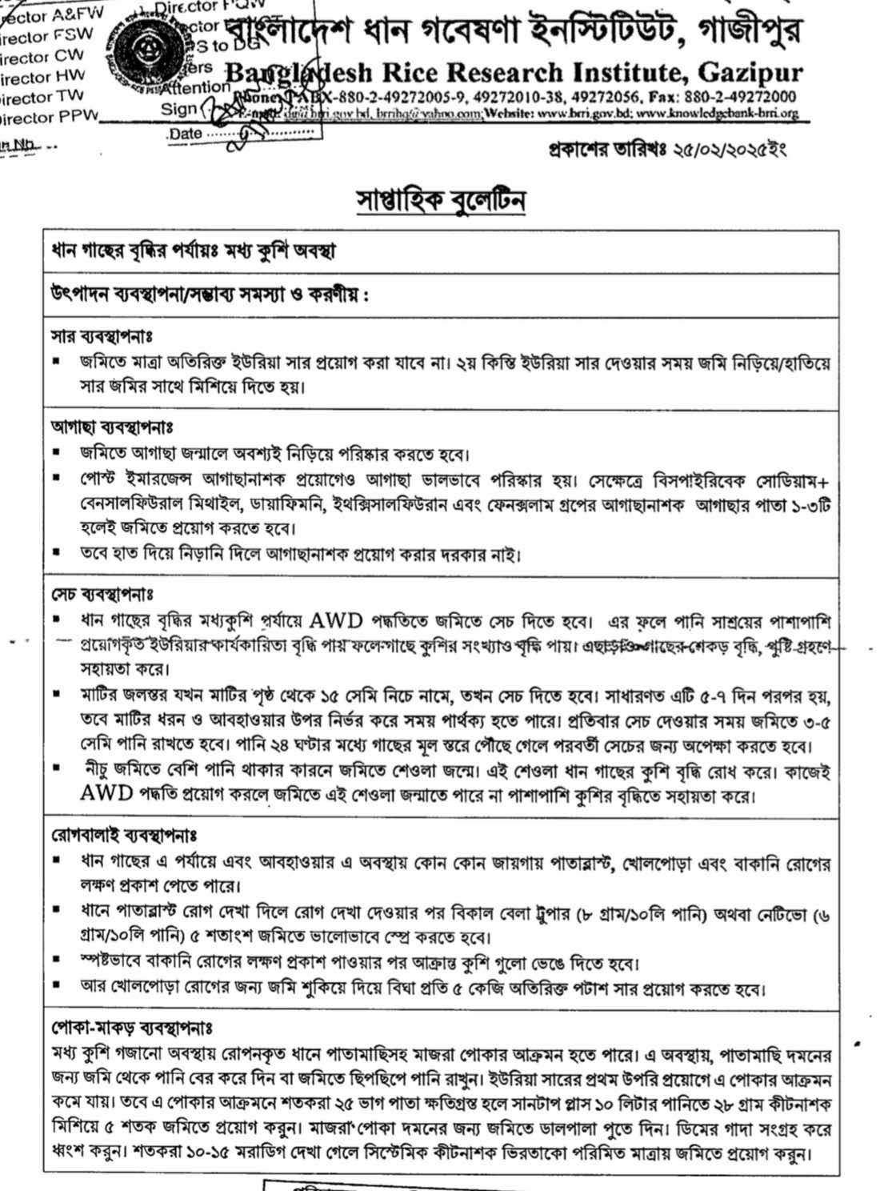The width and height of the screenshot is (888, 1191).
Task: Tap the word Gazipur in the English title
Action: click(x=750, y=73)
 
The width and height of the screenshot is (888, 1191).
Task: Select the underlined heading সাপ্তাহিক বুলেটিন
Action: click(x=441, y=199)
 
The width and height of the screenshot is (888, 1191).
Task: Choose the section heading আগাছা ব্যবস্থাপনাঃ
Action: click(x=113, y=427)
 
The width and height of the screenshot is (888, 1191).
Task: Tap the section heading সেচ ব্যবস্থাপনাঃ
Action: click(x=103, y=595)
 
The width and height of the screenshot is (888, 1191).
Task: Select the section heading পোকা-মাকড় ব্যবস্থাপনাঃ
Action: click(x=132, y=1027)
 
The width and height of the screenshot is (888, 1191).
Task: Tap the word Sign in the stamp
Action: click(x=178, y=110)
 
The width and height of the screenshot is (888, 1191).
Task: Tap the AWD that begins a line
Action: click(x=106, y=793)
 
